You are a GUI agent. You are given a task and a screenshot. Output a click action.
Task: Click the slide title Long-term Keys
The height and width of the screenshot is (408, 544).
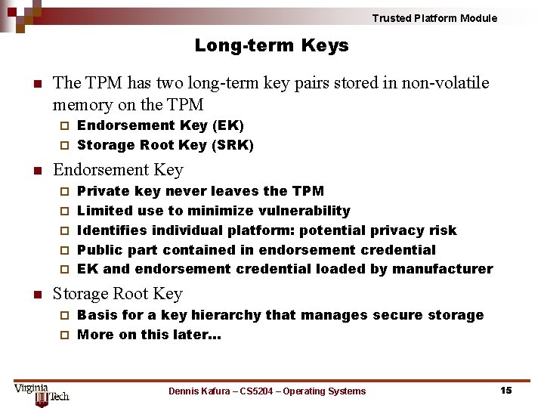[271, 45]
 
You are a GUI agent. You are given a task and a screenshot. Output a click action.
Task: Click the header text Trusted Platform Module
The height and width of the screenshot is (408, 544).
[434, 18]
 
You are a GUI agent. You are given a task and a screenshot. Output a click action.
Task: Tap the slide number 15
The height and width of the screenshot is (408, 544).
[505, 390]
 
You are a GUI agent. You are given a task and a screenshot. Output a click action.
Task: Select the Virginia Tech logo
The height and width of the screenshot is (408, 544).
[41, 393]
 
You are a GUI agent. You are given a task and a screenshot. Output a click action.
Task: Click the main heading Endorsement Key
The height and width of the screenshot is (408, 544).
[118, 170]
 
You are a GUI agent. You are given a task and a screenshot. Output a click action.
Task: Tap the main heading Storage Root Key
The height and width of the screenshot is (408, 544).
[118, 294]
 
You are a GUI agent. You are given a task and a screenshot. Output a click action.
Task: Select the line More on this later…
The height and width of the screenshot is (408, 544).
[149, 335]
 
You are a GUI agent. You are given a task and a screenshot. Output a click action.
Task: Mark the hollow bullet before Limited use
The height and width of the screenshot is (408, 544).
[64, 212]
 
